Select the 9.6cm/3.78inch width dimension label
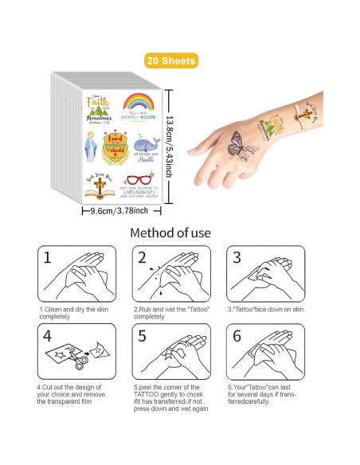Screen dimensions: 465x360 coord(125,210)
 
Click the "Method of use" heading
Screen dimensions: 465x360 coord(179,233)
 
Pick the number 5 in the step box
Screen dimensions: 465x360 coord(142,337)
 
